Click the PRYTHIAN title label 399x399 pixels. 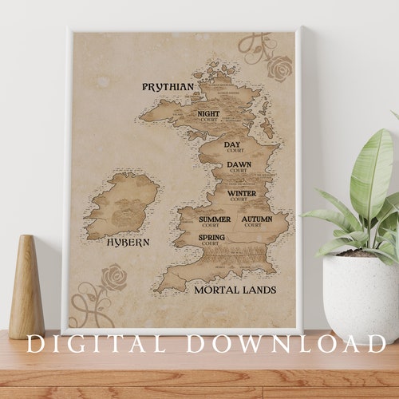168,86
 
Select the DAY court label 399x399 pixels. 233,146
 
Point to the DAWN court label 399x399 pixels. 239,167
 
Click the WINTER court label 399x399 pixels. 242,195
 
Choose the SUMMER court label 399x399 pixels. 215,220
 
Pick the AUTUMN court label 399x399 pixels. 257,220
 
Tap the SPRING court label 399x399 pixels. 211,239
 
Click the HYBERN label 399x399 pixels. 128,242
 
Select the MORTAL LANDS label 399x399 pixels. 235,290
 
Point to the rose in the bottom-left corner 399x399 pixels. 113,279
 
